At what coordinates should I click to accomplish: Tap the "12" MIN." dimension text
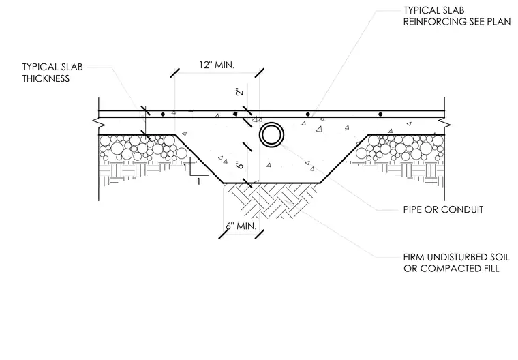(217, 65)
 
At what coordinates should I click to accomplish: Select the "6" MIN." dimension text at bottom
(241, 226)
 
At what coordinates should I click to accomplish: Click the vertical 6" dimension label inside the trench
(240, 164)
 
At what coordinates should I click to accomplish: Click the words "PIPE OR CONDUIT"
(443, 209)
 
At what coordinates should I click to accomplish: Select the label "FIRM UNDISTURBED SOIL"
(457, 257)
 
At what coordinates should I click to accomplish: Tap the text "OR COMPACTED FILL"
(451, 269)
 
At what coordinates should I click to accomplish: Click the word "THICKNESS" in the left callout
(46, 78)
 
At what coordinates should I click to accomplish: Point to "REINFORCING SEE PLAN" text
(457, 22)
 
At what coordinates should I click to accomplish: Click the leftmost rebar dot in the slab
(162, 115)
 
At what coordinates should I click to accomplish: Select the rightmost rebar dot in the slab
(380, 115)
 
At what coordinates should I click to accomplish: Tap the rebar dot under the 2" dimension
(235, 114)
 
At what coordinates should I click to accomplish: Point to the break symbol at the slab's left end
(98, 122)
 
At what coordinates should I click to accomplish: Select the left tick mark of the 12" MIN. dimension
(175, 73)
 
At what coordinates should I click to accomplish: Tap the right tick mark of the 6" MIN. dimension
(260, 235)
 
